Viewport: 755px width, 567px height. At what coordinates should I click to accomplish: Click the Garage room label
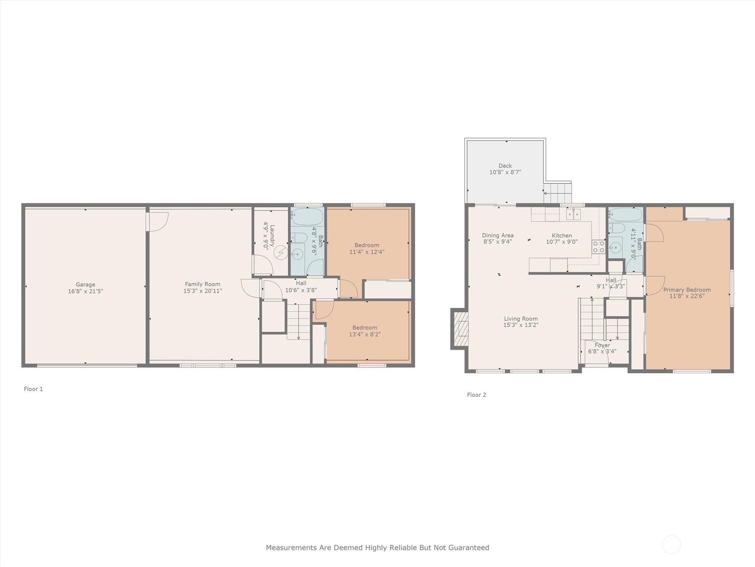pos(85,284)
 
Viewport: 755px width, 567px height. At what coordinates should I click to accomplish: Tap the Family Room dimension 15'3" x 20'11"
pos(202,291)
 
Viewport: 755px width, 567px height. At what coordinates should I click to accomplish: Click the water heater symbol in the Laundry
pos(280,253)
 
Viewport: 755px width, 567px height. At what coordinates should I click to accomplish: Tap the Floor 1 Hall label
pos(301,283)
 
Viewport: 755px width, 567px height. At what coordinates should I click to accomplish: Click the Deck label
pos(505,166)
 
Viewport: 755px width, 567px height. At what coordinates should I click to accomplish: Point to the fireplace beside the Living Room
pos(461,329)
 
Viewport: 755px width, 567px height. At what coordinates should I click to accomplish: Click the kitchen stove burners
pos(598,246)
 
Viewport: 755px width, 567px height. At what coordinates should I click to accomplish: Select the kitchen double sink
pos(573,215)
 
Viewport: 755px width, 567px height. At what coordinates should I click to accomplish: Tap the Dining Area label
pos(497,235)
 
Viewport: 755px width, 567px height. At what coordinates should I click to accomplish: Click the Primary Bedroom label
pos(687,290)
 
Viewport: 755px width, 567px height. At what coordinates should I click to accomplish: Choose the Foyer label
pos(602,345)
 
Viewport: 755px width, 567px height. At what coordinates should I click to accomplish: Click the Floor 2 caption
pos(476,395)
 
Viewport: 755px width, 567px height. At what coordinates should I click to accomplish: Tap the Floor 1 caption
pos(34,389)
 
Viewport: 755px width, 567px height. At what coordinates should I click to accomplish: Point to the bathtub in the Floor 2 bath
pos(626,215)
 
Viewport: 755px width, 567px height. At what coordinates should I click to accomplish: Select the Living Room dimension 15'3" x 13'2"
pos(520,325)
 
